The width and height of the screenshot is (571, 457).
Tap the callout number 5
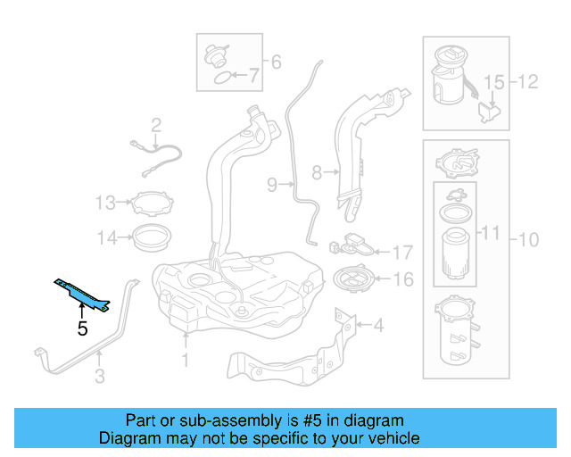coord(82,328)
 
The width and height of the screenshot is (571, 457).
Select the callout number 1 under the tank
coord(186,361)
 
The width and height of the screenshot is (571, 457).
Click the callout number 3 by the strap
coord(99,378)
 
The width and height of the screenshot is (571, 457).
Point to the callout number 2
coord(155,125)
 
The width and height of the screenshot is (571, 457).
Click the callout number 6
coord(276,62)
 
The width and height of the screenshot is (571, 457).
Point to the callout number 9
coord(272,185)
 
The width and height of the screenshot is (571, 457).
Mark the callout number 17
coord(402,253)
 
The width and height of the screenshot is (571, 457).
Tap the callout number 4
coord(378,326)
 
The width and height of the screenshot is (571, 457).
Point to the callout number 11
coord(491,234)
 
